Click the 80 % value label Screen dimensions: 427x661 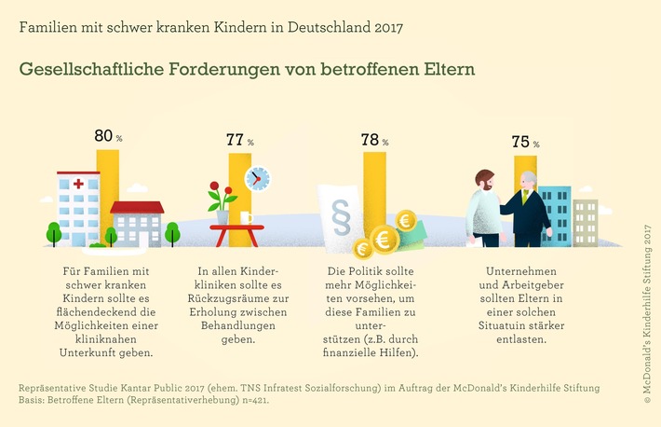[x=109, y=136]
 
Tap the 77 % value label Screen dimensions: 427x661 [x=240, y=140]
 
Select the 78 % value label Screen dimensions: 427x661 [x=375, y=140]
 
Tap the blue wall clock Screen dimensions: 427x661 [x=257, y=177]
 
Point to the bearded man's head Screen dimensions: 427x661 [x=483, y=180]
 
